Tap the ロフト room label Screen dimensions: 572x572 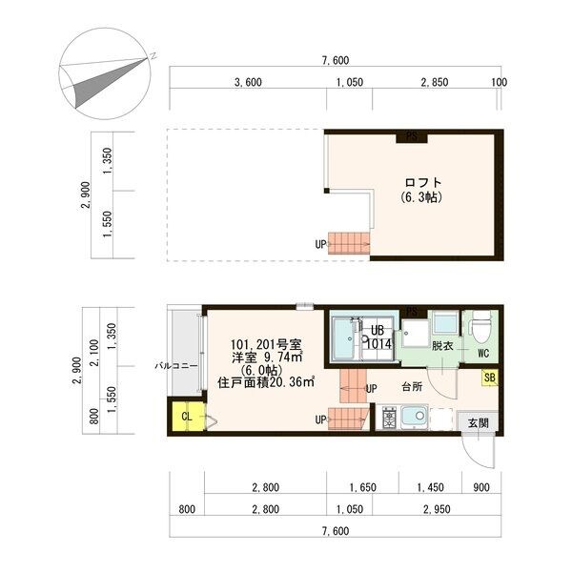click(x=422, y=182)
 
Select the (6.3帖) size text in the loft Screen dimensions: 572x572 click(x=422, y=198)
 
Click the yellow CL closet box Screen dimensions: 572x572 click(x=187, y=416)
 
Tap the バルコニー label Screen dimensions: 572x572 click(x=176, y=365)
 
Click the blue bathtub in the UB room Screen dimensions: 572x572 click(x=344, y=339)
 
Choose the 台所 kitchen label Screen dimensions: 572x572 click(x=412, y=388)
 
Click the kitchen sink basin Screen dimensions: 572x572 click(x=416, y=418)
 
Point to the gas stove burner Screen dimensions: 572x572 click(x=389, y=418)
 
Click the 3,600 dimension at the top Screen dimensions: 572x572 click(x=248, y=82)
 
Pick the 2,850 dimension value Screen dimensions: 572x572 click(x=434, y=82)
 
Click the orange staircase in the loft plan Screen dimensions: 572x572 click(x=348, y=244)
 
